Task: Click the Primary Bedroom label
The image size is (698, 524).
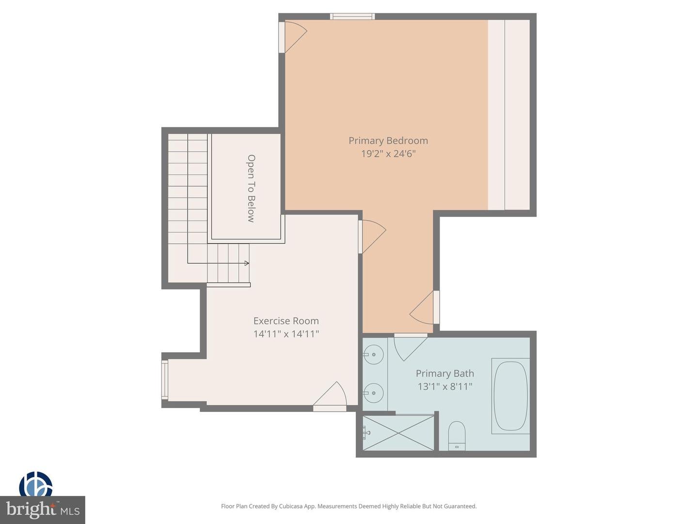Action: [388, 141]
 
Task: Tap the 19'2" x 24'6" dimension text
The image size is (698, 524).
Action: [388, 154]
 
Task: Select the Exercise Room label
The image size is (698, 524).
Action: [286, 321]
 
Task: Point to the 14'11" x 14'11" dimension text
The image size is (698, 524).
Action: [286, 334]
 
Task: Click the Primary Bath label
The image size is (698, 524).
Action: [444, 373]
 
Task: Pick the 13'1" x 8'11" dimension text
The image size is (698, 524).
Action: [444, 387]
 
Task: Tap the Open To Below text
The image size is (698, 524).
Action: [251, 188]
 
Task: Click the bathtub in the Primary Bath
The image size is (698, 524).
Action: [510, 396]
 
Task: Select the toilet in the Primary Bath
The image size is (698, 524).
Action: [457, 436]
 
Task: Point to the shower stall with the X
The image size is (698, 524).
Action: [398, 433]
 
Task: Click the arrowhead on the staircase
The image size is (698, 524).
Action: [246, 263]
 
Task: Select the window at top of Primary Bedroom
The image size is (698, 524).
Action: [352, 16]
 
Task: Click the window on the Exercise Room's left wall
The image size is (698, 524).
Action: [165, 380]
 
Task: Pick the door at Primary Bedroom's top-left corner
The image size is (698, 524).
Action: [293, 36]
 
